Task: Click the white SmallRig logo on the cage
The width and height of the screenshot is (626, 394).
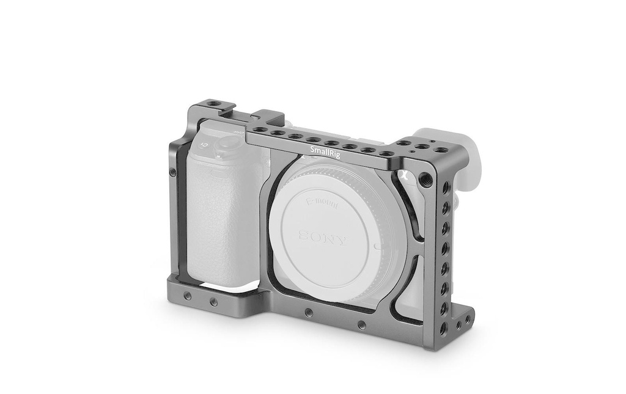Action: [x=325, y=152]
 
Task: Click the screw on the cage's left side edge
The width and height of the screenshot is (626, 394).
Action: [x=172, y=172]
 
